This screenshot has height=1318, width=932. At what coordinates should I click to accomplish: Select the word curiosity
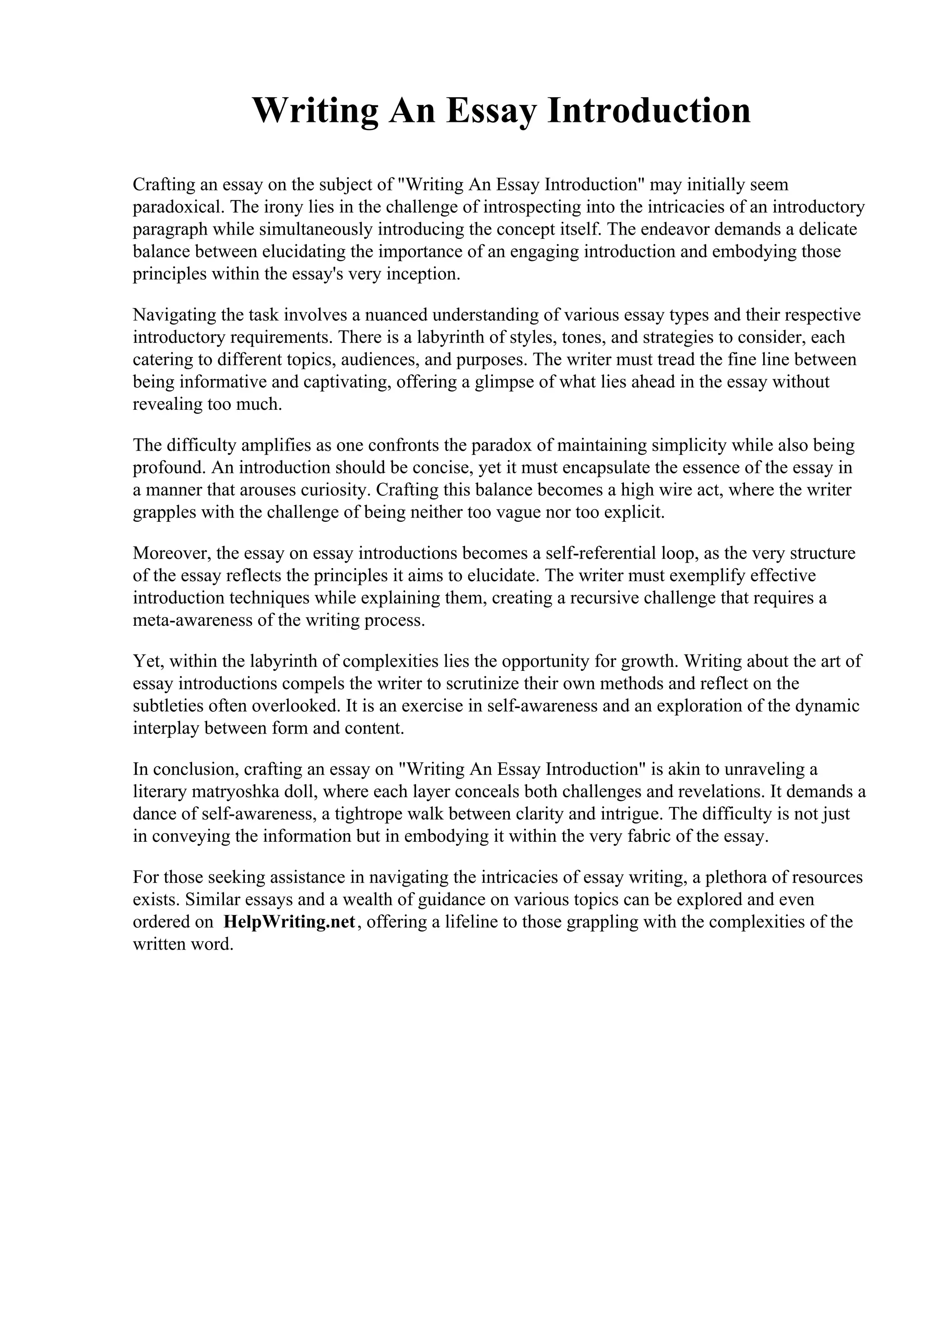tap(336, 490)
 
